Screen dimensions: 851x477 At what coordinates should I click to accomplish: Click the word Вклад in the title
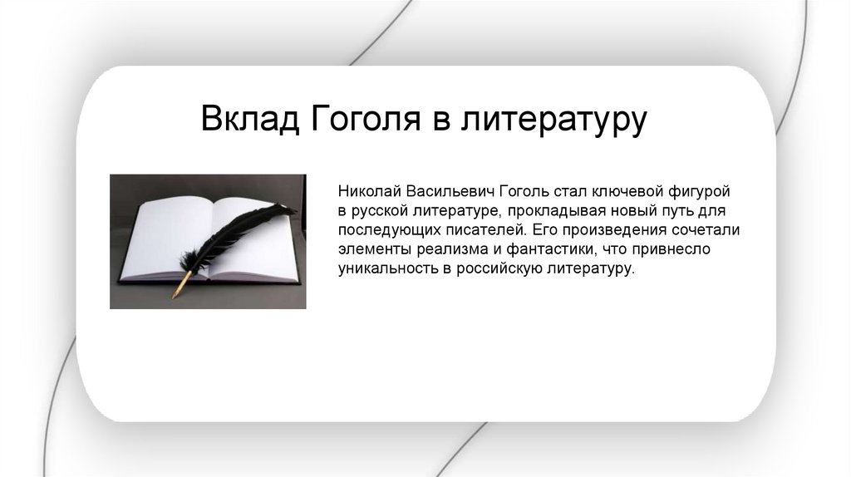(x=249, y=118)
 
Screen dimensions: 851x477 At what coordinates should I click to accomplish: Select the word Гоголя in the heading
(x=366, y=118)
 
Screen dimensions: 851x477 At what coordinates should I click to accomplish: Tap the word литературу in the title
(x=554, y=120)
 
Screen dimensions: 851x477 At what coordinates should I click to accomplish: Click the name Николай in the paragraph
(x=370, y=192)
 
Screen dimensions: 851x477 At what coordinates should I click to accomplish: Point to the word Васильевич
(x=450, y=192)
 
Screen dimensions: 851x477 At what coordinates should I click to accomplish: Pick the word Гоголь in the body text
(x=524, y=192)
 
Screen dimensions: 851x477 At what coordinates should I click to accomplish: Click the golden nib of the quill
(x=180, y=284)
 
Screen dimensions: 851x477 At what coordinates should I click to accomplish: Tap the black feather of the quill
(x=239, y=236)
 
